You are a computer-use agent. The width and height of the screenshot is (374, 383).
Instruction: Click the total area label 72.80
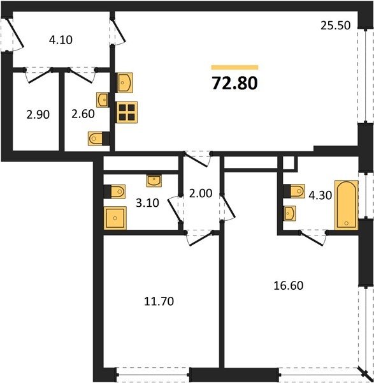point(235,83)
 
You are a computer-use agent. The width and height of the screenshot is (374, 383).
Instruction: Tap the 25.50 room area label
point(336,26)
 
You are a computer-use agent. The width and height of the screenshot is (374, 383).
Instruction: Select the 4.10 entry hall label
point(61,40)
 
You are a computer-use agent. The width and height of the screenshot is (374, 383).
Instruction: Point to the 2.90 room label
point(38,114)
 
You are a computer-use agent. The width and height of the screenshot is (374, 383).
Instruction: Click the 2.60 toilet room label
point(83,114)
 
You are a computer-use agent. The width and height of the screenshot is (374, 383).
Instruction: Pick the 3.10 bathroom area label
point(147,203)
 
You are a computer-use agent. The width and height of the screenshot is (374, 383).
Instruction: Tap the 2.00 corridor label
point(201,193)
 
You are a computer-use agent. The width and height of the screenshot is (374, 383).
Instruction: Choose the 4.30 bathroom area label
point(320,195)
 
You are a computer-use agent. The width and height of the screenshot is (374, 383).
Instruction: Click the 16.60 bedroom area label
point(289,285)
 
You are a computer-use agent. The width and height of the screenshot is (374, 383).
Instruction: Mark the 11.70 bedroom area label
point(159,301)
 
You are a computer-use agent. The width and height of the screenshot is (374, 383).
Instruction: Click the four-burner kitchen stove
point(127,112)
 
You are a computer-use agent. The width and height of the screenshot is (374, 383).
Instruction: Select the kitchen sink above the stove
point(125,82)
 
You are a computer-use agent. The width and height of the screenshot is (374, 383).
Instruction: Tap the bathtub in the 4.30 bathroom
point(347,205)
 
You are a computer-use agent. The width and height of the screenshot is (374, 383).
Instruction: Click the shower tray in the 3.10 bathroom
point(115,218)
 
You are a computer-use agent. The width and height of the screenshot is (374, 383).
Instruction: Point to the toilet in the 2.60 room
point(99,139)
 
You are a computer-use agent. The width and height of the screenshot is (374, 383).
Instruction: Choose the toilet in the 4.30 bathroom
point(294,191)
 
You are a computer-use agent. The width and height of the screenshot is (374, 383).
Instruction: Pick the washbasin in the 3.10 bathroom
point(154,181)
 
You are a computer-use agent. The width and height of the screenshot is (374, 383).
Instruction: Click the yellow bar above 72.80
point(235,68)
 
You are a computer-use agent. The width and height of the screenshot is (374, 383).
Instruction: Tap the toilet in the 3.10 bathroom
point(115,191)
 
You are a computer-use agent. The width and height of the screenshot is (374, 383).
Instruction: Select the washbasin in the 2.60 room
point(103,100)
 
